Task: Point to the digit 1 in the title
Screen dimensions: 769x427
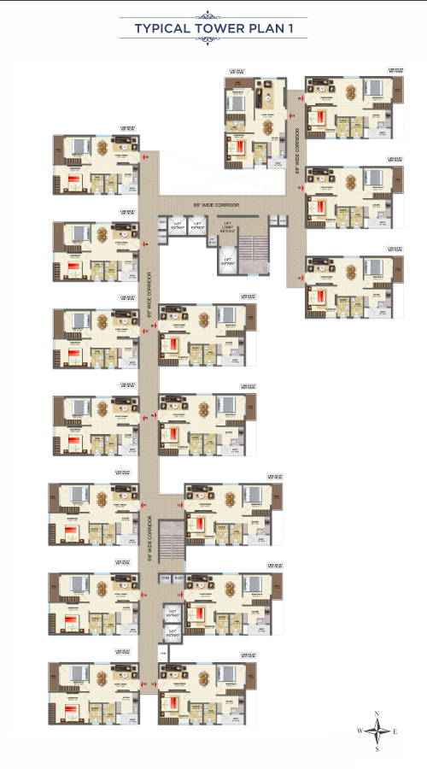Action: point(291,29)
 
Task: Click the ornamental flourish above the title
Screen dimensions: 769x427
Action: point(213,15)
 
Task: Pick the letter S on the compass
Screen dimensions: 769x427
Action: point(377,749)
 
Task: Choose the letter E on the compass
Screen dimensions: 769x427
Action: point(396,731)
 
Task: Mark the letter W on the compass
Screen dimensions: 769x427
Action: point(359,731)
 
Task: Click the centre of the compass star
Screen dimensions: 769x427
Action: point(377,731)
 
